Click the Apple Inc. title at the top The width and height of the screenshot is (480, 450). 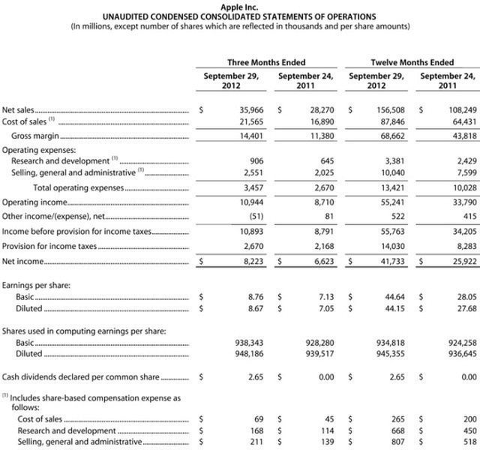[x=239, y=6]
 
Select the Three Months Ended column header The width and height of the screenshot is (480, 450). [x=266, y=62]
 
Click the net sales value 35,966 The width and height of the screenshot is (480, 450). [x=247, y=109]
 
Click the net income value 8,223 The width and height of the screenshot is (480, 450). [x=250, y=262]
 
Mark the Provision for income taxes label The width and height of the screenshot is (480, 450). [x=49, y=246]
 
